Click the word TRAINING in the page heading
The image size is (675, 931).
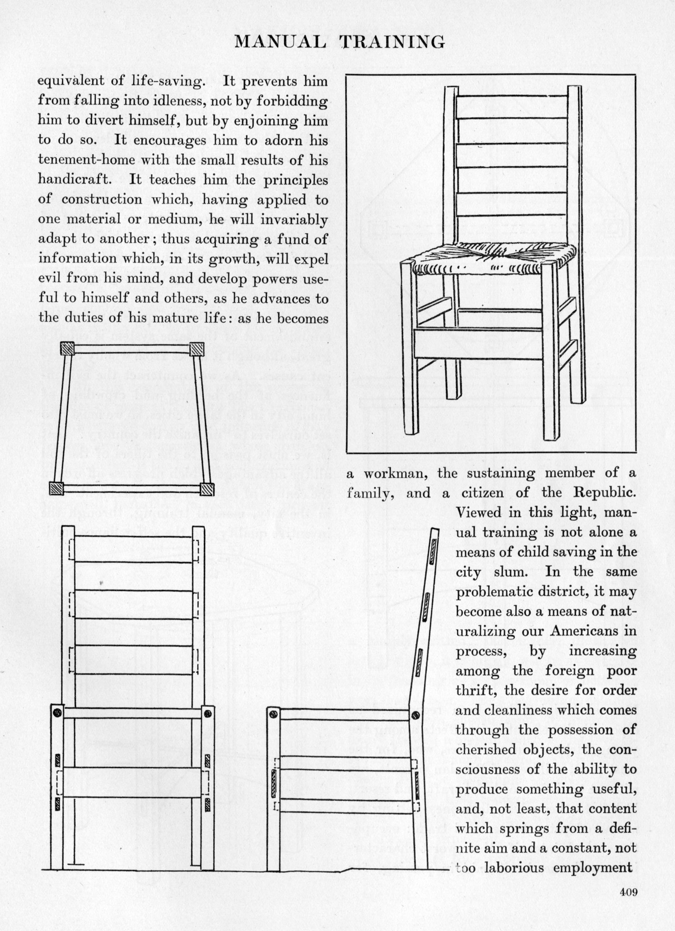click(x=393, y=42)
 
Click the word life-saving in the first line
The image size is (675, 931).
click(x=167, y=80)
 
